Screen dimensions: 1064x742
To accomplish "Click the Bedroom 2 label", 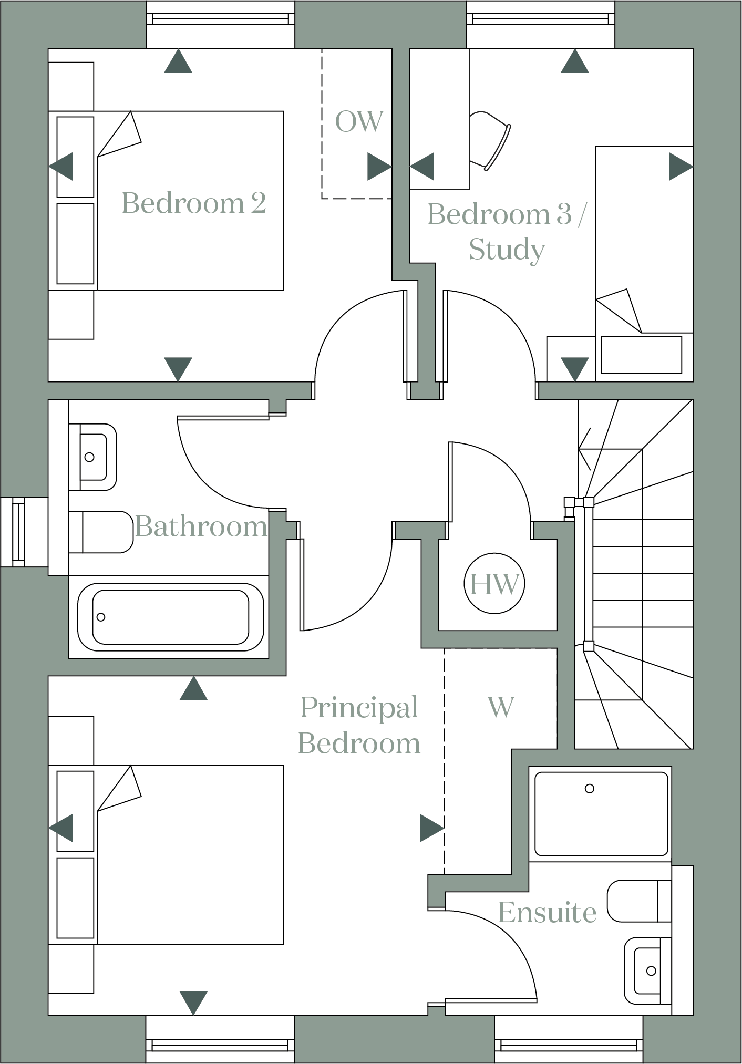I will point(194,203).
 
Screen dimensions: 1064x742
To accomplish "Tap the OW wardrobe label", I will point(359,122).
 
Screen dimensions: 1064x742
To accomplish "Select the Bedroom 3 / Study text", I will point(505,232).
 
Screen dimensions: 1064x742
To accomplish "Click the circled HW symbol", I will point(494,585).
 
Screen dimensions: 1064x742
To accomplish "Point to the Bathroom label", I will point(201,526).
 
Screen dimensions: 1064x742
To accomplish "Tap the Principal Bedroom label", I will point(359,726).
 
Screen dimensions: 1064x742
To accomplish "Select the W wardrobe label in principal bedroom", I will point(500,708).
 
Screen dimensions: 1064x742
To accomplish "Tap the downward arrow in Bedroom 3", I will point(574,368).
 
